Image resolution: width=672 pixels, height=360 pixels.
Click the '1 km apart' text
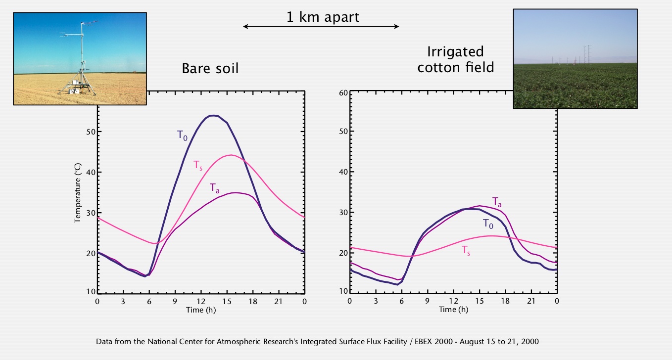point(323,17)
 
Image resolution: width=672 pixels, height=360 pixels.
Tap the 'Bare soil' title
point(210,68)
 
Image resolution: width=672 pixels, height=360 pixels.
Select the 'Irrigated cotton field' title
point(455,59)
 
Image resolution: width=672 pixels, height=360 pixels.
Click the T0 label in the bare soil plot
point(183,135)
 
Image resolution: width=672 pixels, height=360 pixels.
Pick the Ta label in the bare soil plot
point(214,188)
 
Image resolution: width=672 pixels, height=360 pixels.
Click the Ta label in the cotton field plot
point(497,201)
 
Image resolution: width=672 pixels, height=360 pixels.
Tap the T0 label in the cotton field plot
point(488,224)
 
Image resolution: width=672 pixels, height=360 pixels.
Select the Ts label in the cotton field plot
point(466,251)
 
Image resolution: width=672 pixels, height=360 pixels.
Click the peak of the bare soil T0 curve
point(213,115)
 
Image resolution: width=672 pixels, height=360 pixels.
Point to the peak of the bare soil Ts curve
point(231,155)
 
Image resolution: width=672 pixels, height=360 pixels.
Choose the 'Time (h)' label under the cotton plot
point(453,310)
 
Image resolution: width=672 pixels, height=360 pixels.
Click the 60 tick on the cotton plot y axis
point(343,92)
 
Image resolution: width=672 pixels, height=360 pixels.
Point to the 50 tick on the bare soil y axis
point(91,132)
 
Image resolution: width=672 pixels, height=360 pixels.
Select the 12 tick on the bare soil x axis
point(201,301)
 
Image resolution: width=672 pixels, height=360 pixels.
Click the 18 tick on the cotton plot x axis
point(505,301)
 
